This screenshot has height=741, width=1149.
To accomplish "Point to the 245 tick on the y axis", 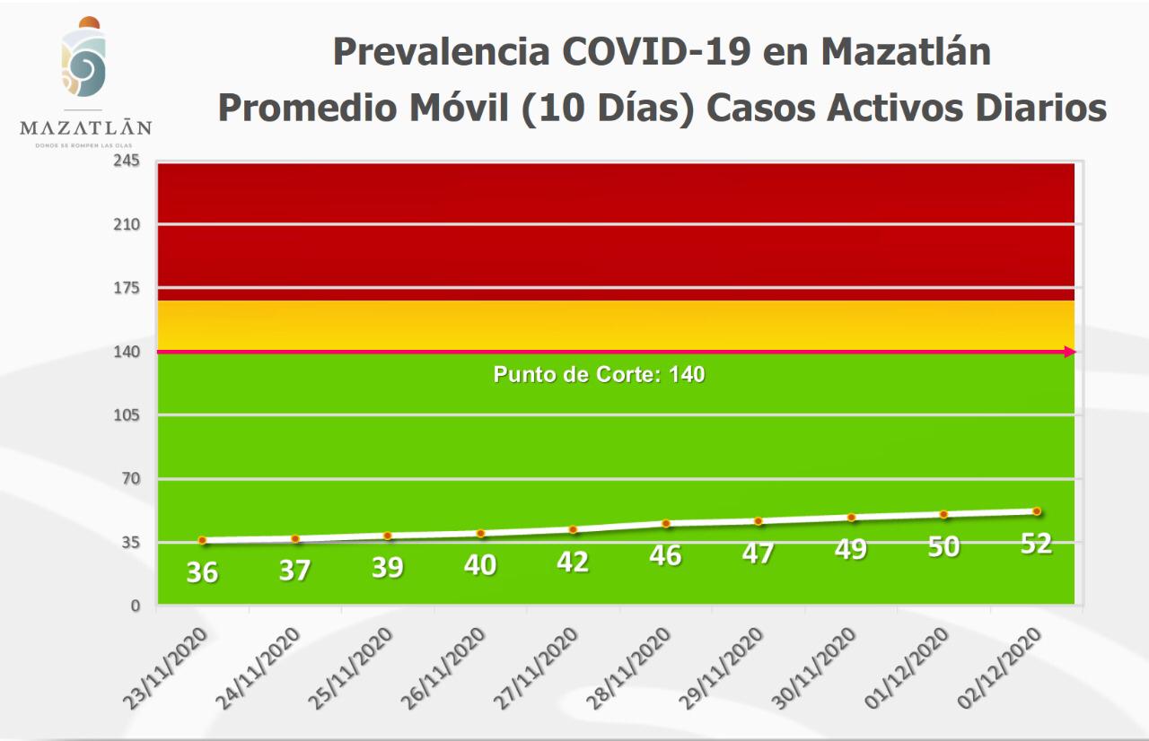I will click(x=127, y=161).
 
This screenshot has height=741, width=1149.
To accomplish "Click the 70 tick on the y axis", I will click(x=130, y=479).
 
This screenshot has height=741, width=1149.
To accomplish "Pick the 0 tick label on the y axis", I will click(x=135, y=606).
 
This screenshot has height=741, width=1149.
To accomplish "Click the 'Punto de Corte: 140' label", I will click(x=599, y=375).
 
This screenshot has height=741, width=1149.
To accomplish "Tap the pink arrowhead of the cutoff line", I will click(x=1069, y=352).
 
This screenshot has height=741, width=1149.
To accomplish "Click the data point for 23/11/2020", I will click(x=203, y=540).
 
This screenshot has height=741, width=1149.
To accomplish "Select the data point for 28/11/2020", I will click(x=666, y=523).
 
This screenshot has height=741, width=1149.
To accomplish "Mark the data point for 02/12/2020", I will click(x=1036, y=511).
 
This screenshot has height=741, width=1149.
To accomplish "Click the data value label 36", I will click(x=202, y=571).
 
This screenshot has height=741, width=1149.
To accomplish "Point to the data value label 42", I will click(x=573, y=562).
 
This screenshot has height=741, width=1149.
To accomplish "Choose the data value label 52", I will click(x=1036, y=544).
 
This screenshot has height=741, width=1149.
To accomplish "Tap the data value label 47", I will click(x=758, y=553).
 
